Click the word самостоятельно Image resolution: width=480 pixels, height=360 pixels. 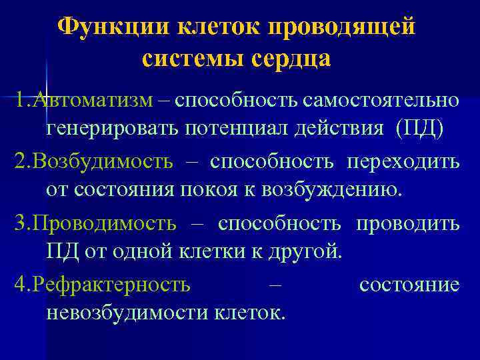380,100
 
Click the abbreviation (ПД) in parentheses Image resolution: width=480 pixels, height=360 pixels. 419,129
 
